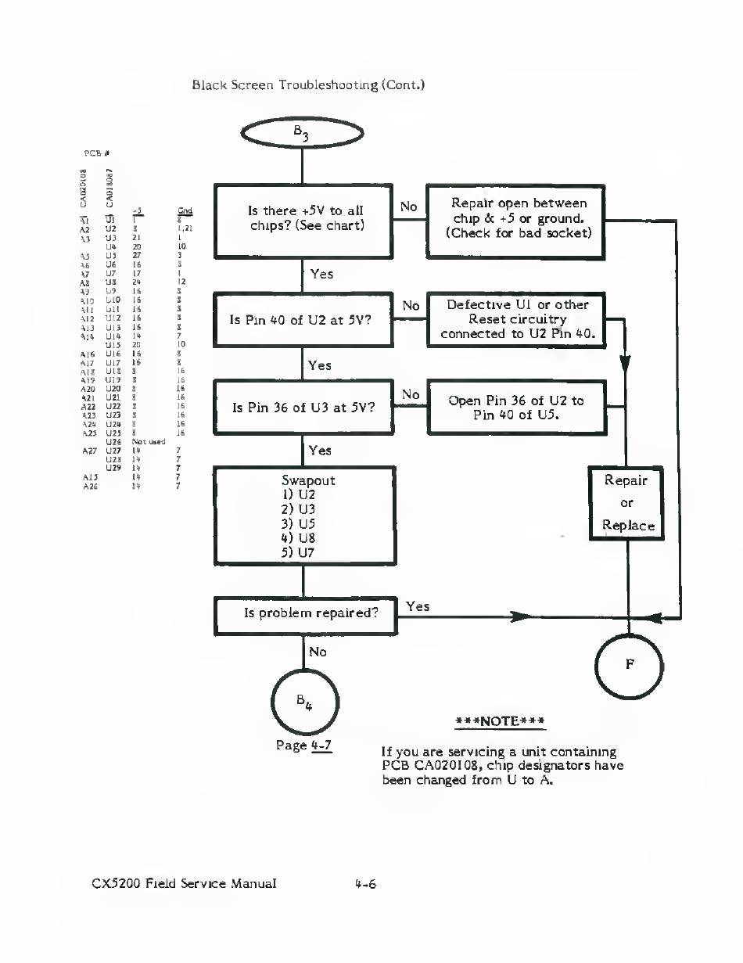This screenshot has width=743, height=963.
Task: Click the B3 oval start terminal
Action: [303, 135]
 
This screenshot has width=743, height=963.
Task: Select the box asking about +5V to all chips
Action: [303, 220]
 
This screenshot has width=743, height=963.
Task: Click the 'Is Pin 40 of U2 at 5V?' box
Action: [303, 319]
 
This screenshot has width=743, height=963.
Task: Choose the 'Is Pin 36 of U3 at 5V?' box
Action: [303, 407]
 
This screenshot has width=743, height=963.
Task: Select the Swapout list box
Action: [303, 516]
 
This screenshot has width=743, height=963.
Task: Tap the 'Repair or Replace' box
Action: [626, 502]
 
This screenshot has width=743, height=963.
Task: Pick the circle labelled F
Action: [629, 664]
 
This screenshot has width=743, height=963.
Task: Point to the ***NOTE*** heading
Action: [500, 720]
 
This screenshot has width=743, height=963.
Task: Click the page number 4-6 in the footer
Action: [365, 885]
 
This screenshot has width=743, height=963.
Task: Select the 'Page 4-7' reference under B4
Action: [304, 745]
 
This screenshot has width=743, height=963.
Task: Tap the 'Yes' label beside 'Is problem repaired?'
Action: [418, 606]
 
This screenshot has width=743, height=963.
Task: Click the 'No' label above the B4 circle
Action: [318, 652]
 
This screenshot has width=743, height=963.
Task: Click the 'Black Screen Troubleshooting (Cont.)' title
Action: [307, 84]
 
